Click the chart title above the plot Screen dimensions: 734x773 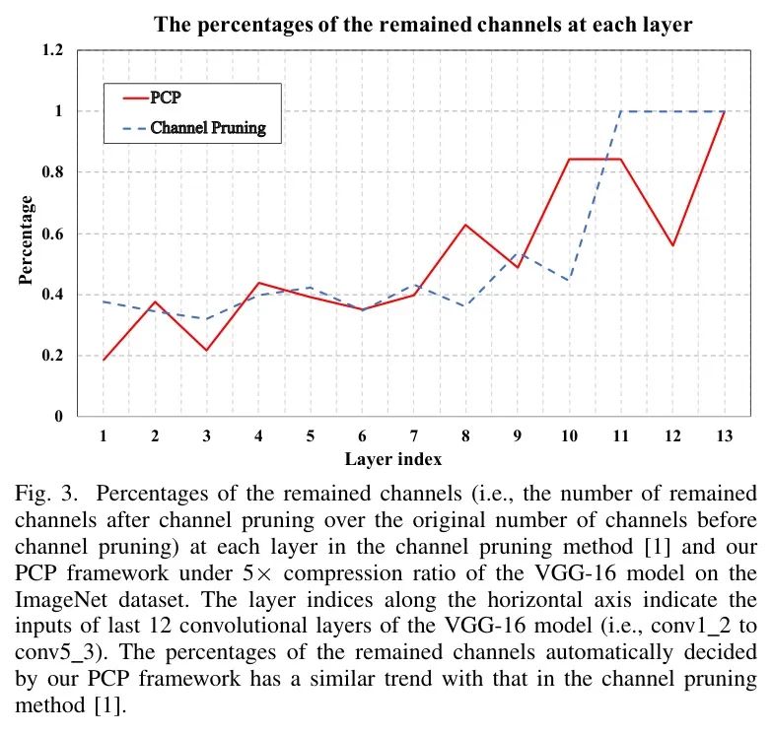coord(423,25)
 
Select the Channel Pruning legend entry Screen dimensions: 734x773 coord(208,127)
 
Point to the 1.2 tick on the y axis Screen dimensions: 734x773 coord(80,51)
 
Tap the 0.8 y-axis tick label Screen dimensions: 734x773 coord(80,172)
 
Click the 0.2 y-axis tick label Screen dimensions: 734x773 coord(80,356)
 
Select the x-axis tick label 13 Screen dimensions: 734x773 coord(726,436)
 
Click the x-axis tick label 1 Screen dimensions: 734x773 coord(103,436)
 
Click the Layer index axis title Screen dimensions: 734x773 coord(393,459)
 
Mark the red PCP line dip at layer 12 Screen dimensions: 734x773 coord(673,245)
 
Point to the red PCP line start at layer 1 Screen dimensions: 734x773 coord(103,360)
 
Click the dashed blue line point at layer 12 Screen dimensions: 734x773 coord(673,111)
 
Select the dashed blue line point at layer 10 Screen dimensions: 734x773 coord(570,281)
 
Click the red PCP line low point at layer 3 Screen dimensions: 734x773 coord(207,351)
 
